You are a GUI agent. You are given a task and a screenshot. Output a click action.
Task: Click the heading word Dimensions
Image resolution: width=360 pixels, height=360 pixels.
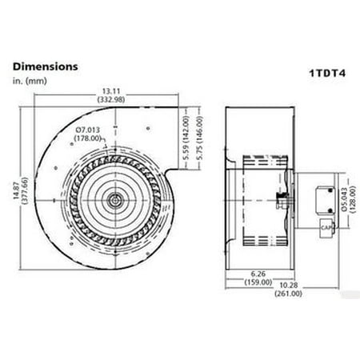point(45,66)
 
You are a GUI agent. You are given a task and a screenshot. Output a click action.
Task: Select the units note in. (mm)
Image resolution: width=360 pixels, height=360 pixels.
point(32,81)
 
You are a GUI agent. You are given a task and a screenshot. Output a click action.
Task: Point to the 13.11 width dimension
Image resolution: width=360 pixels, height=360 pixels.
point(110,90)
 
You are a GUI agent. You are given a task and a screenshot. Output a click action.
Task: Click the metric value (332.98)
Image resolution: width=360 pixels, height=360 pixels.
point(110,98)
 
